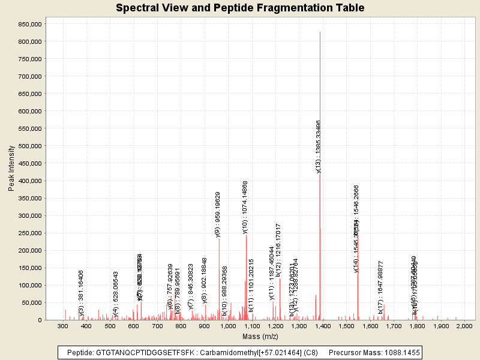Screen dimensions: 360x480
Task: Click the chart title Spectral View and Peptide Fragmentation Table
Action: pyautogui.click(x=240, y=8)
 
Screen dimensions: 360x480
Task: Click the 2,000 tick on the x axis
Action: pyautogui.click(x=464, y=326)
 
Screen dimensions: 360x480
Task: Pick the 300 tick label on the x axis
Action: pyautogui.click(x=62, y=326)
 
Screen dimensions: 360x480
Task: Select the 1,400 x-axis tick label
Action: pyautogui.click(x=322, y=326)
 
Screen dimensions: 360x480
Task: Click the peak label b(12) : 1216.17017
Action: pyautogui.click(x=278, y=249)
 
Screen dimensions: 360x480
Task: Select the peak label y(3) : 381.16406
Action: pyautogui.click(x=81, y=293)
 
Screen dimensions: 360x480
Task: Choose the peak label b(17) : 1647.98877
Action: pyautogui.click(x=380, y=287)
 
